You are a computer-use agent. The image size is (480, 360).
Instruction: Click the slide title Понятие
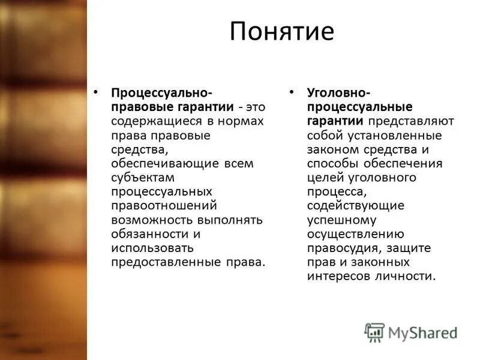[x=281, y=32]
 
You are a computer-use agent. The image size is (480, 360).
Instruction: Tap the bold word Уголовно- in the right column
[x=338, y=93]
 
